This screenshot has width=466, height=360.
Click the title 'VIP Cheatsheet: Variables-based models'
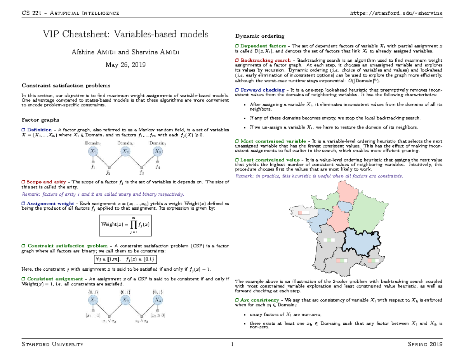(x=125, y=35)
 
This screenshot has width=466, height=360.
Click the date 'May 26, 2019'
(x=125, y=65)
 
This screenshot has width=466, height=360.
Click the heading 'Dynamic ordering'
(x=260, y=36)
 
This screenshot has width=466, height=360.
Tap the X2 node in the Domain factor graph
(x=125, y=151)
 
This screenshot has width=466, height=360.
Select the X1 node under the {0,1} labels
(x=93, y=300)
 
